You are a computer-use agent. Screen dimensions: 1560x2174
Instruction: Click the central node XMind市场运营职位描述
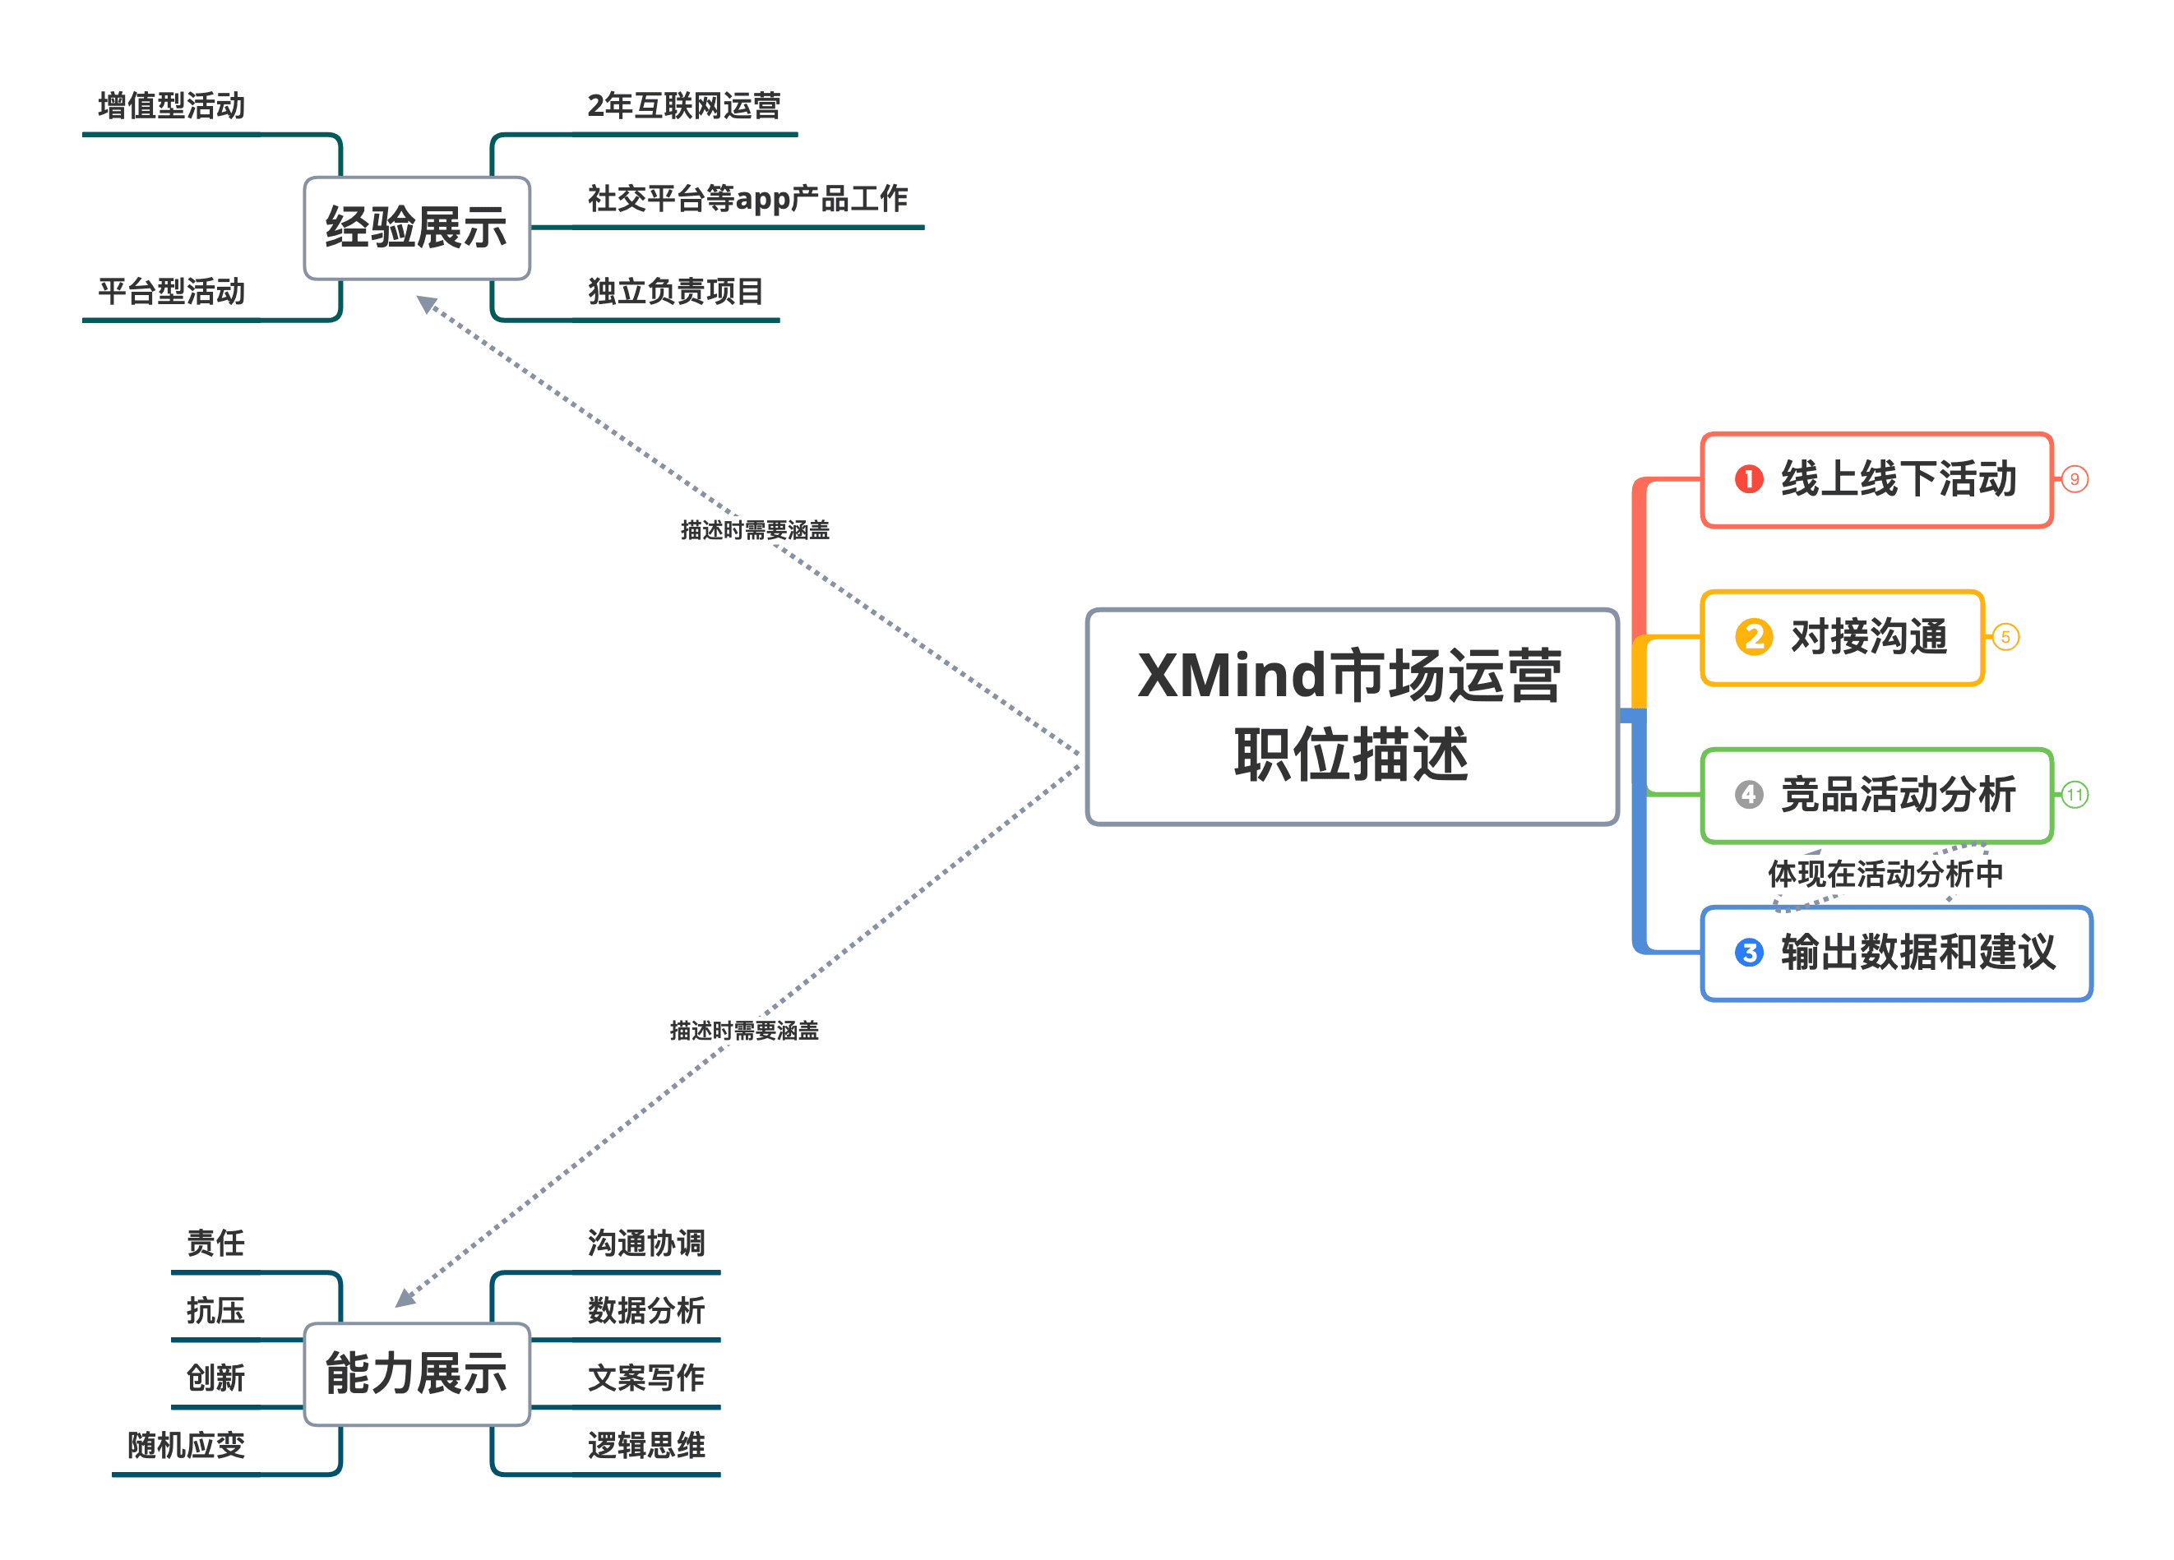tap(1352, 716)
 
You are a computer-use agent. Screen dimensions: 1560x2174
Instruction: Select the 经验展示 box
tap(416, 228)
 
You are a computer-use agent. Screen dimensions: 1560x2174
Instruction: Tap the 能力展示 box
tap(416, 1373)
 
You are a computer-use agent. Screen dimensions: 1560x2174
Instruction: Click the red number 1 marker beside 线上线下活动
tap(1748, 479)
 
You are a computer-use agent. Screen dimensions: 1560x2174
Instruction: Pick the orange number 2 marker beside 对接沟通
tap(1753, 637)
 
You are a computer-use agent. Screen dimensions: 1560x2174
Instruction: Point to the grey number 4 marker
tap(1748, 794)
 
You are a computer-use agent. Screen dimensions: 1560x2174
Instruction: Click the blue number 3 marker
tap(1748, 953)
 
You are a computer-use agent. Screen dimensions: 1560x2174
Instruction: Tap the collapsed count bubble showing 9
tap(2075, 479)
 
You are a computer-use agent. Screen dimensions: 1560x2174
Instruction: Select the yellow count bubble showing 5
tap(2005, 637)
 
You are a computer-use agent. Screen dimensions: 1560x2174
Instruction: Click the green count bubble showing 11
tap(2075, 794)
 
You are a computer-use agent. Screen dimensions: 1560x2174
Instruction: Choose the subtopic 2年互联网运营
tap(683, 105)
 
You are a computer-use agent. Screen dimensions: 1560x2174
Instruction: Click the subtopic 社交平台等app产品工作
tap(747, 198)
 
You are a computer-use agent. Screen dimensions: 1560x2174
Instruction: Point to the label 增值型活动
tap(172, 105)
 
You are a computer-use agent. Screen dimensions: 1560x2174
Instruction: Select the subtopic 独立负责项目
tap(675, 291)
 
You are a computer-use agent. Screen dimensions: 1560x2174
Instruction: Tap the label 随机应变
tap(186, 1445)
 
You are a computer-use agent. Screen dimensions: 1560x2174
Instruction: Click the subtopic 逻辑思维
tap(646, 1445)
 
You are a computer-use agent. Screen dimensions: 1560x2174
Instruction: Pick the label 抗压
tap(215, 1310)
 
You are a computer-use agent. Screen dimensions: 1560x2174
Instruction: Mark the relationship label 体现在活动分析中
tap(1885, 874)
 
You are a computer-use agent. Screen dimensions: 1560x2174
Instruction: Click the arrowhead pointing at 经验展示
tap(427, 304)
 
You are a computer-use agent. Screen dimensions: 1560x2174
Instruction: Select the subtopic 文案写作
tap(646, 1378)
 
